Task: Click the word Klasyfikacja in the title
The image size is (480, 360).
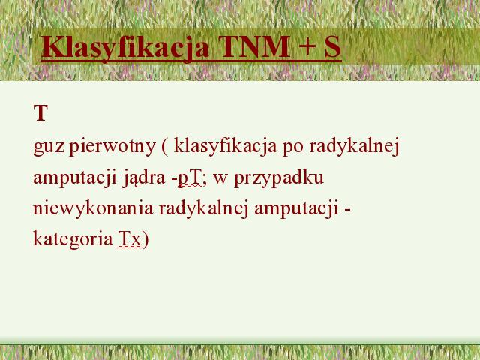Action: pyautogui.click(x=125, y=48)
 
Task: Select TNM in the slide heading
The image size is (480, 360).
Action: pyautogui.click(x=254, y=46)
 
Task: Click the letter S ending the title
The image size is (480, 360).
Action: pyautogui.click(x=333, y=46)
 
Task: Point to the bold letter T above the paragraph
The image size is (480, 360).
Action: pyautogui.click(x=40, y=112)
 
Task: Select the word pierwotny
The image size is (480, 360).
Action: pyautogui.click(x=112, y=147)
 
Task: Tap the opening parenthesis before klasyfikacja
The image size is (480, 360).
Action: pyautogui.click(x=165, y=147)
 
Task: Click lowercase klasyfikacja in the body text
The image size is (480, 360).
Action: pyautogui.click(x=225, y=147)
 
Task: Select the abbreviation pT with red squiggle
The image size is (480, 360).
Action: pyautogui.click(x=190, y=179)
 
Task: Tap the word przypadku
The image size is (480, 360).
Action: pyautogui.click(x=279, y=178)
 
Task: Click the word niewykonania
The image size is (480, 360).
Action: pyautogui.click(x=93, y=208)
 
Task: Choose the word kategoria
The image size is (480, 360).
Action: pyautogui.click(x=73, y=239)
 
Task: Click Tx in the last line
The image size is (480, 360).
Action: pyautogui.click(x=130, y=239)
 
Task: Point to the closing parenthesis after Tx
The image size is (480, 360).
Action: pyautogui.click(x=145, y=239)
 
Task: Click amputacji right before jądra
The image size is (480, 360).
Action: pyautogui.click(x=75, y=178)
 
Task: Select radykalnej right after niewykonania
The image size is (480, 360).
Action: pyautogui.click(x=203, y=208)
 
